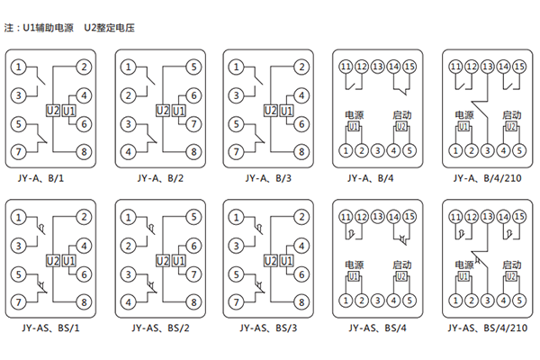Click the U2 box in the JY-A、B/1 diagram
(x=51, y=111)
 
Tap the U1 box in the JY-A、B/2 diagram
(x=178, y=111)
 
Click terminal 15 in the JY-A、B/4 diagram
(x=410, y=67)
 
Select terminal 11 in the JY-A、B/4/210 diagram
(x=457, y=67)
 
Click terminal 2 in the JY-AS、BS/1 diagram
(x=84, y=216)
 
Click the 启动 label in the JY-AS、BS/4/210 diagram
(x=511, y=265)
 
